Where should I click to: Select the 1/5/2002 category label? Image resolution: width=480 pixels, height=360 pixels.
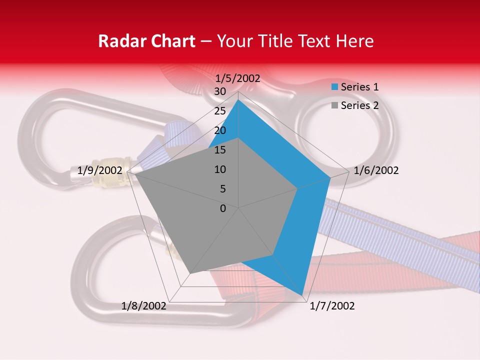238,78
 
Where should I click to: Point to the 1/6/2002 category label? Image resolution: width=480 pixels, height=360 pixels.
376,170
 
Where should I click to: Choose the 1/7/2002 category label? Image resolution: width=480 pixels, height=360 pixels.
332,306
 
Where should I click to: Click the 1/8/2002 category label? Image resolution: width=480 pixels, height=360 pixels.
144,306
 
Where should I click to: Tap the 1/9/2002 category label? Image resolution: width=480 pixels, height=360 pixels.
100,170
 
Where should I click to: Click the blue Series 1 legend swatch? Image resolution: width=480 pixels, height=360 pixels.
335,87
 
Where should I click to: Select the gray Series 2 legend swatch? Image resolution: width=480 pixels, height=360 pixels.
335,105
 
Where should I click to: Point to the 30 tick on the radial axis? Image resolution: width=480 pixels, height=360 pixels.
220,91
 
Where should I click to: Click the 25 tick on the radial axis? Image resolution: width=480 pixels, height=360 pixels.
220,111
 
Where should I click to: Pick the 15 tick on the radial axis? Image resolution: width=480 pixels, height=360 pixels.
220,150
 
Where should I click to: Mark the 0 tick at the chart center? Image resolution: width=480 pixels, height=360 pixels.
223,208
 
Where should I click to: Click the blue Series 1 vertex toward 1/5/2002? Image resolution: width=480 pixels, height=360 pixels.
238,99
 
